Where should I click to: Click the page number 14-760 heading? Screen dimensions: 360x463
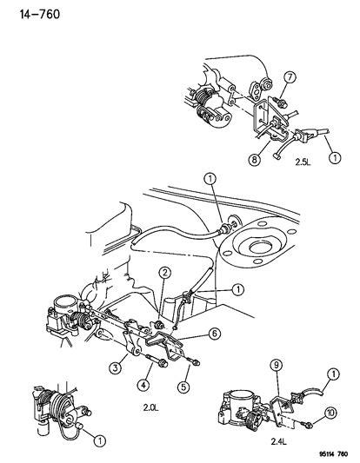pyautogui.click(x=40, y=14)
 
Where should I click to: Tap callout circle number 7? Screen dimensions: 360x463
pyautogui.click(x=290, y=77)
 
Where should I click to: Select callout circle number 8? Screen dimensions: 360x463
pyautogui.click(x=255, y=160)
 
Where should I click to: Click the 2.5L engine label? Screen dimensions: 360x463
pyautogui.click(x=303, y=162)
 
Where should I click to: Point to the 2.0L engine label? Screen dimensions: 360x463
pyautogui.click(x=151, y=407)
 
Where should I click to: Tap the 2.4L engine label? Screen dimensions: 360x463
pyautogui.click(x=279, y=442)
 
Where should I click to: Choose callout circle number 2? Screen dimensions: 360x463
pyautogui.click(x=164, y=273)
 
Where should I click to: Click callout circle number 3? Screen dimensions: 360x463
pyautogui.click(x=115, y=367)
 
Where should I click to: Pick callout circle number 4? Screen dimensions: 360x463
pyautogui.click(x=143, y=385)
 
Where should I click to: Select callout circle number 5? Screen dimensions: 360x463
pyautogui.click(x=183, y=387)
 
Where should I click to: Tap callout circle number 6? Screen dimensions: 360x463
pyautogui.click(x=214, y=334)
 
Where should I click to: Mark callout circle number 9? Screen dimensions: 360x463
pyautogui.click(x=277, y=365)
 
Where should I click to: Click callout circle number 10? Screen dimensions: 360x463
pyautogui.click(x=330, y=413)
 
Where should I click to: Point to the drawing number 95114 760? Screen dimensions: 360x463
pyautogui.click(x=333, y=454)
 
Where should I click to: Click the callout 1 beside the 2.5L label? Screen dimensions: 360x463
pyautogui.click(x=335, y=157)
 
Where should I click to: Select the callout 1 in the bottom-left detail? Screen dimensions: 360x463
pyautogui.click(x=100, y=441)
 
